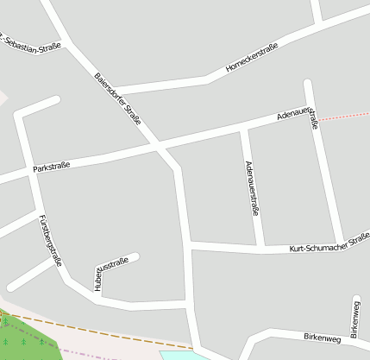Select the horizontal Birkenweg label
coord(322,337)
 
